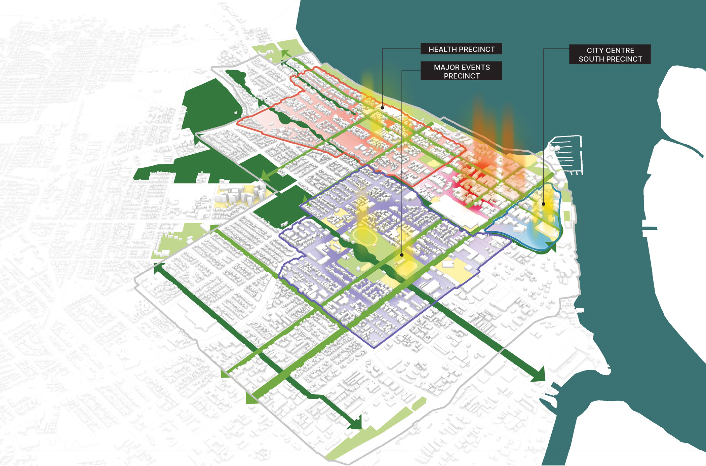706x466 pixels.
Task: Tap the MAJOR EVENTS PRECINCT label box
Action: (461, 71)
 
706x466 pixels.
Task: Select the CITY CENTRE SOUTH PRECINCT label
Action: (610, 54)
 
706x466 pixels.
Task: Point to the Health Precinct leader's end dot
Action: (383, 108)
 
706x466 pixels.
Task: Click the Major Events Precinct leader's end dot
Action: (402, 255)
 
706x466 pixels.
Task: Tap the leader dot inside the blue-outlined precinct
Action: (544, 204)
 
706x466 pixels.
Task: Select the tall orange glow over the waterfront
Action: (479, 124)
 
